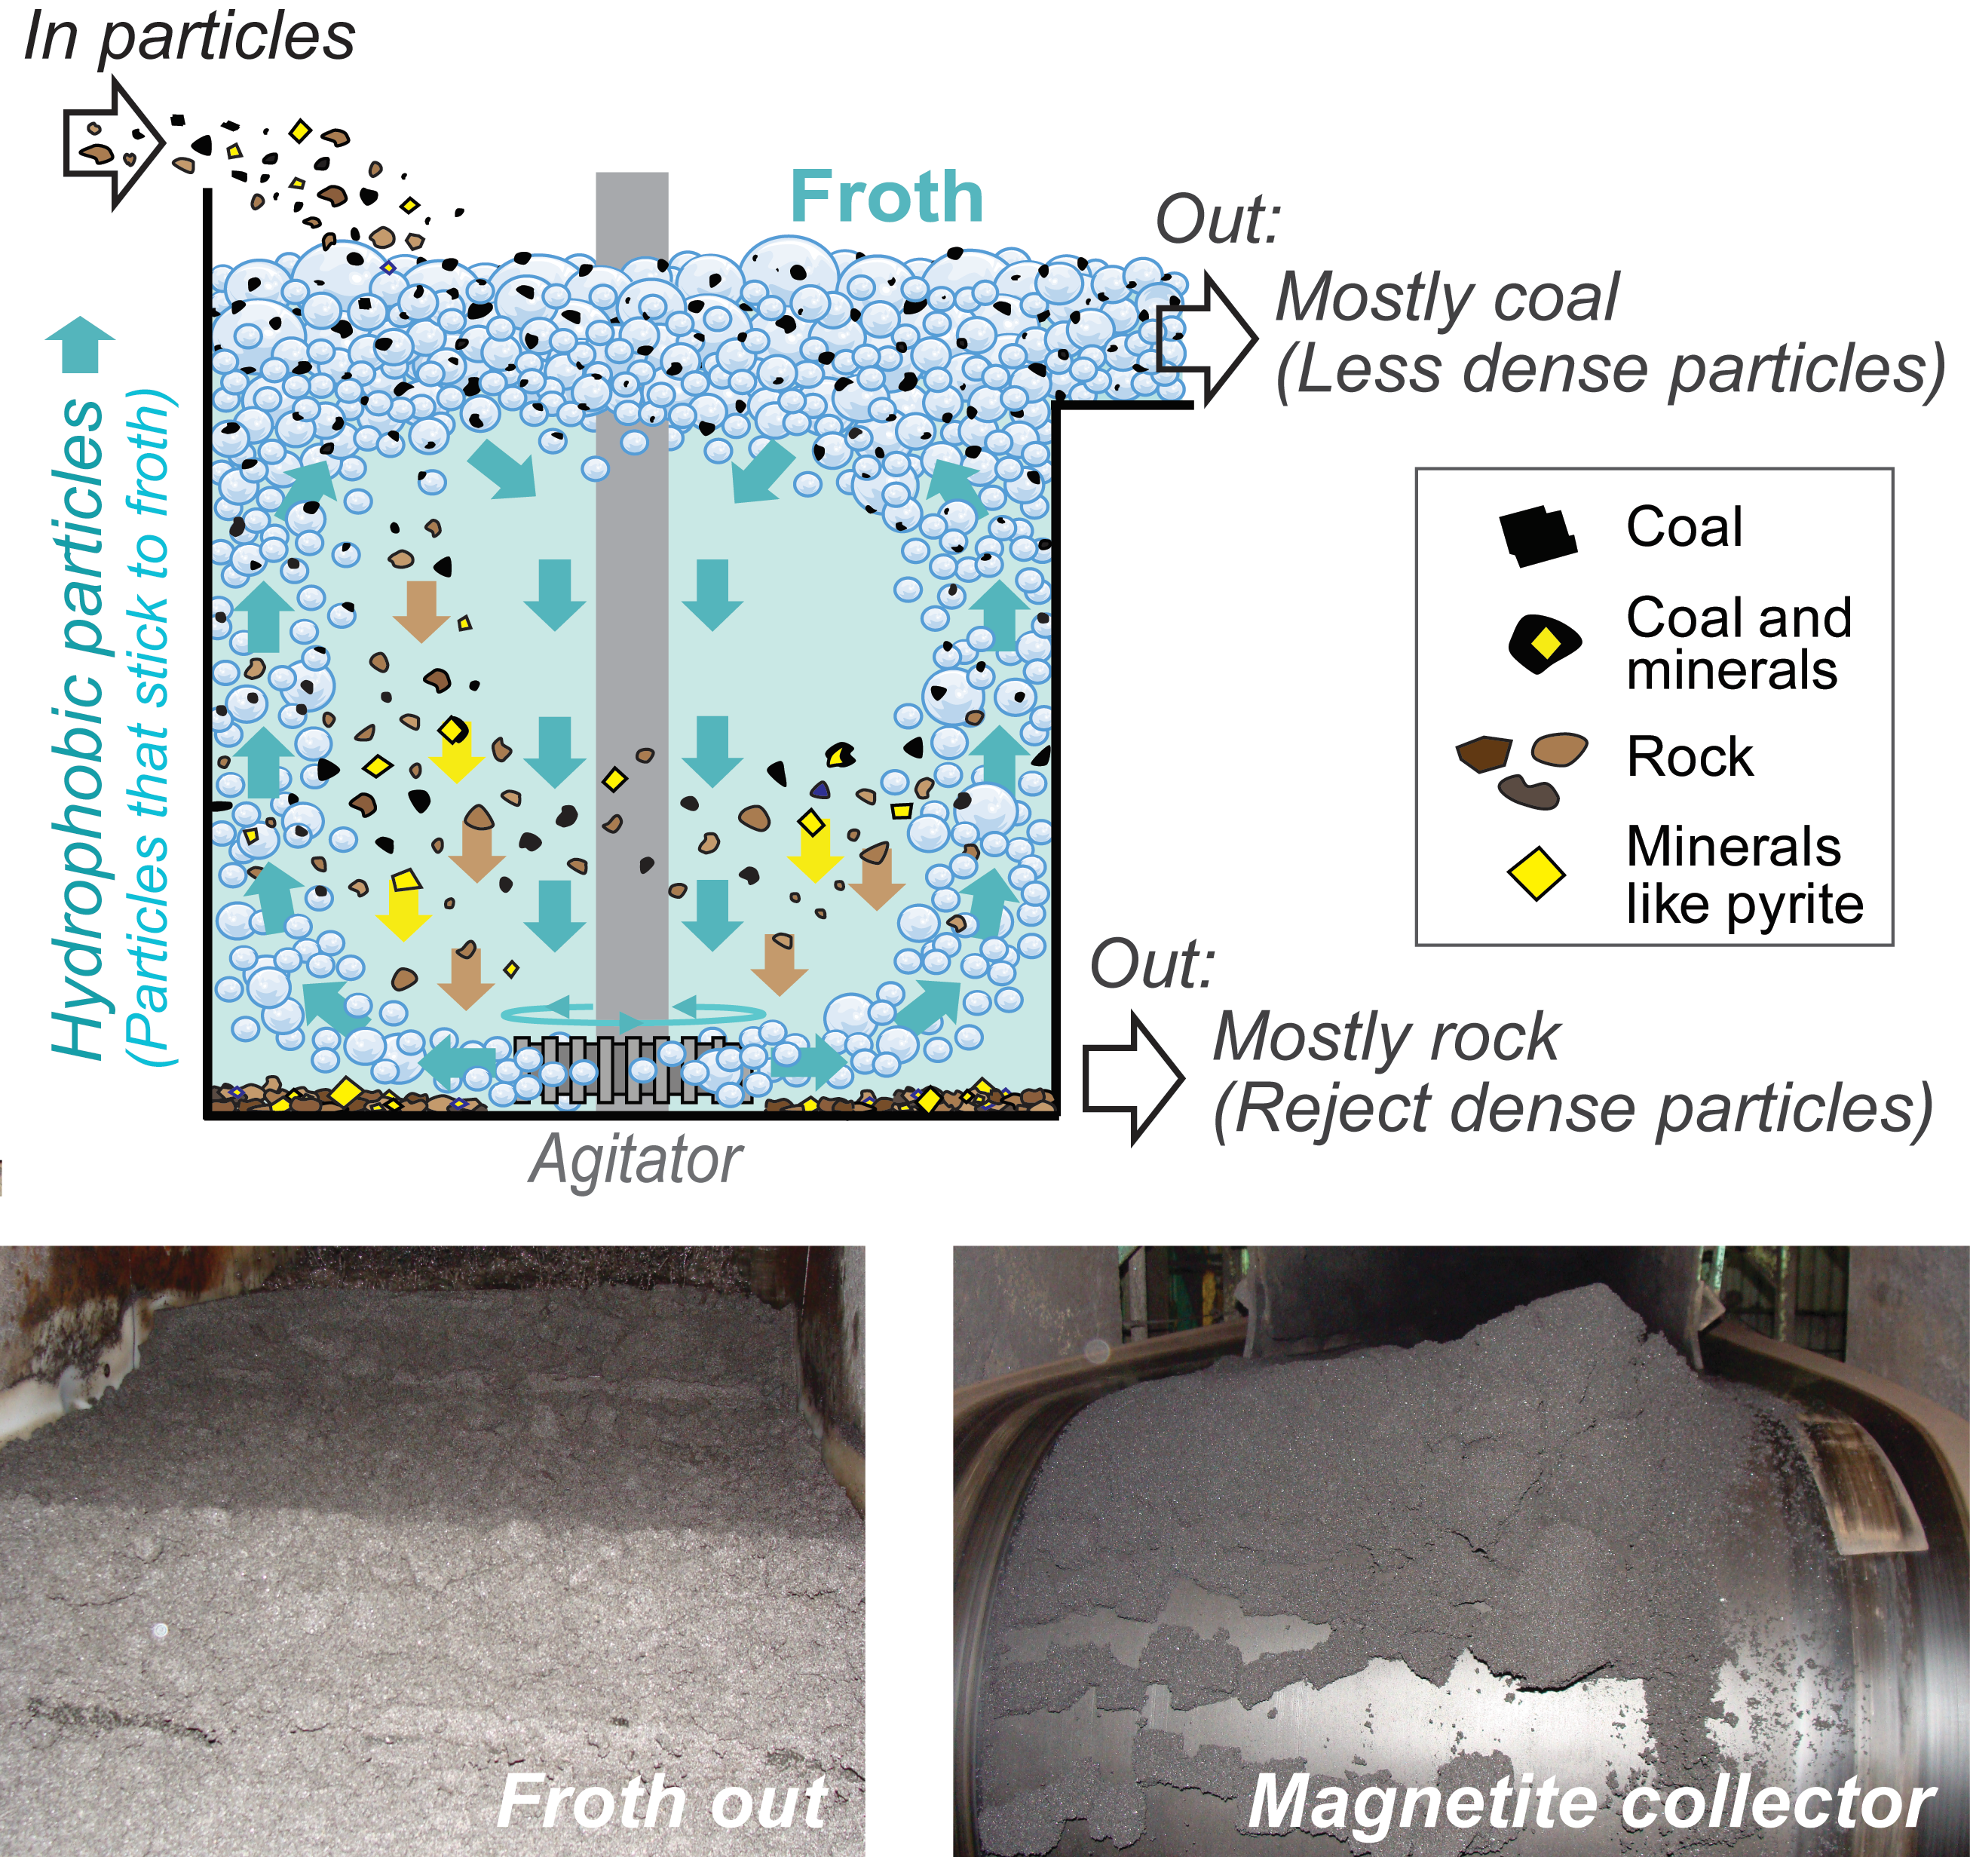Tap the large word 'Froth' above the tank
(x=886, y=198)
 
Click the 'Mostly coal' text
(x=1447, y=297)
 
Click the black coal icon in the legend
(x=1537, y=536)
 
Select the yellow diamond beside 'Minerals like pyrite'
(x=1536, y=874)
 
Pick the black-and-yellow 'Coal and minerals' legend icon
(x=1543, y=644)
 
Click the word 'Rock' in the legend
(x=1690, y=758)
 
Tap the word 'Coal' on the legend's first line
(x=1684, y=527)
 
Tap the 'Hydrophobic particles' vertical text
(x=79, y=728)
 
